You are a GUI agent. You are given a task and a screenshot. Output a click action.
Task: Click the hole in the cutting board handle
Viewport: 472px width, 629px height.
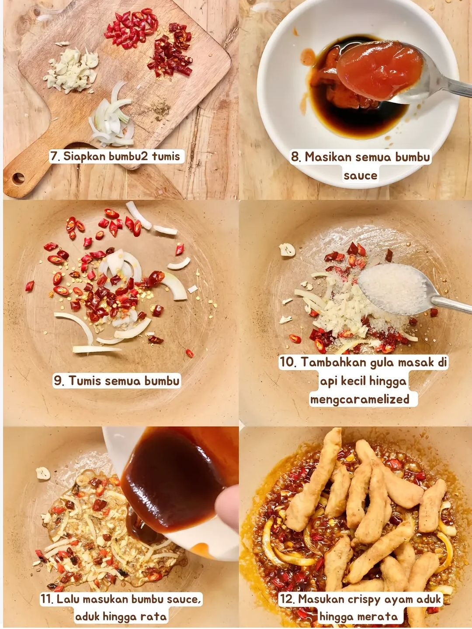coord(18,178)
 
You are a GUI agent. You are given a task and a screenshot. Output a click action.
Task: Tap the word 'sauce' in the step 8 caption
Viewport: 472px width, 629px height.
coord(360,175)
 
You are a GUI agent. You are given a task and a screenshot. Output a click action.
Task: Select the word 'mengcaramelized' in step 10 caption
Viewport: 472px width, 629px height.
coord(360,399)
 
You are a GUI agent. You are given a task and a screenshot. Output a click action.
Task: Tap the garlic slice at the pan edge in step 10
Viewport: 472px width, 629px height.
coord(287,249)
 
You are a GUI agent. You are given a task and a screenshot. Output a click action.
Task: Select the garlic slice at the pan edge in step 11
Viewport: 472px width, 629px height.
coord(43,473)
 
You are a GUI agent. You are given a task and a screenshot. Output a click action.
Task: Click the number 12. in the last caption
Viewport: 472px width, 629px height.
coord(287,599)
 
